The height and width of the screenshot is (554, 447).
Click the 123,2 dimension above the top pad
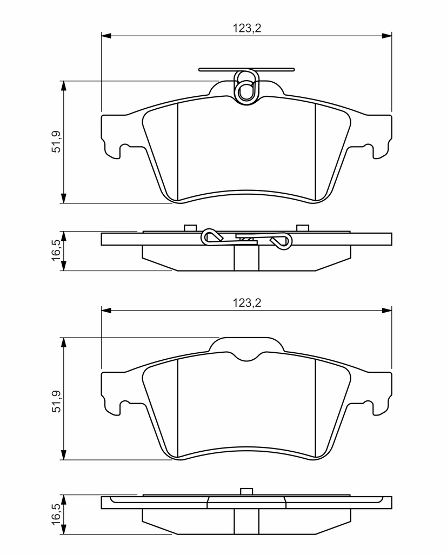[246, 28]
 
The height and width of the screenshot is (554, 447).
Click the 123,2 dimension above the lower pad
[246, 303]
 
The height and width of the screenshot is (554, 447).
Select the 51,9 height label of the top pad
[57, 142]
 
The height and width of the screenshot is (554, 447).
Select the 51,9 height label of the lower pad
[57, 401]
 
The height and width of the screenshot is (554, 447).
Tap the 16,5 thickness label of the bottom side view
[57, 513]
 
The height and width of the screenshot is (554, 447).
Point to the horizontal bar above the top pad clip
[246, 70]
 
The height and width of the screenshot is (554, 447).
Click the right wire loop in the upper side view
[282, 241]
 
